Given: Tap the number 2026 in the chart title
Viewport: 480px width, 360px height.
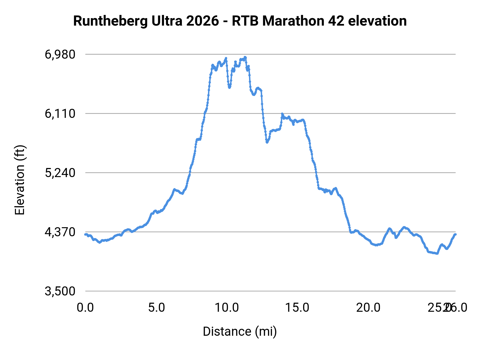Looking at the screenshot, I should (x=202, y=21).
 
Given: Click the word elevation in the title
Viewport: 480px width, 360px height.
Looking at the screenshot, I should (x=377, y=21).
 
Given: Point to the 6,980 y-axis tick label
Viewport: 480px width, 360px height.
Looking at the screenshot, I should (x=60, y=54).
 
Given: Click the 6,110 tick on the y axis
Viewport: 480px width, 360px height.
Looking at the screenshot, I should (x=60, y=114).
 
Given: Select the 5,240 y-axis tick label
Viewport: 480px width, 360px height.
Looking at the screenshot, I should (x=60, y=173).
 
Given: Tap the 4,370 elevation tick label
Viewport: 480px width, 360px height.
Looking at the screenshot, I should (x=60, y=232).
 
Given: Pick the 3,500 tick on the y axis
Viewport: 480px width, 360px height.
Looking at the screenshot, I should (x=60, y=291).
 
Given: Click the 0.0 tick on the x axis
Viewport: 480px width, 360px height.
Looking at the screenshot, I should (x=85, y=308).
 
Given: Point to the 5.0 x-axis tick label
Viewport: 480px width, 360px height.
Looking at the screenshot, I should (x=157, y=308).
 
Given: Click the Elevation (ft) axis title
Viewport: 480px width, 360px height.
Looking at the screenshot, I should (x=20, y=180).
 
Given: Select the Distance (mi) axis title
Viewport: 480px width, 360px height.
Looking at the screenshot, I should (x=240, y=331).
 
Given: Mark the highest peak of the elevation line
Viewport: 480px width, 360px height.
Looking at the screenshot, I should (x=245, y=57).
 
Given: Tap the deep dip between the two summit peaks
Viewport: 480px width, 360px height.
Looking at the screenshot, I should (x=229, y=87).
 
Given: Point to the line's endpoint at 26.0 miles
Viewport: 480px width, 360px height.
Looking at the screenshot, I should (x=456, y=234).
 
